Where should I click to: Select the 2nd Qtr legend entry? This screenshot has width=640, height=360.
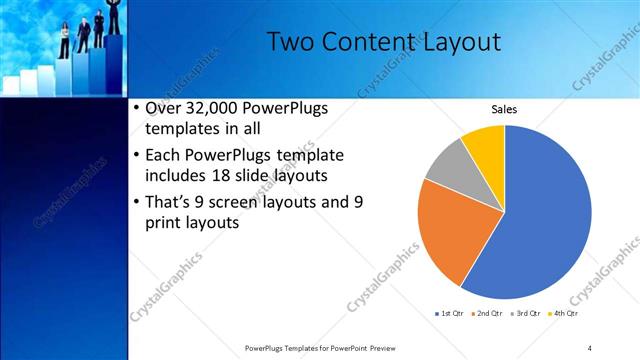coord(487,315)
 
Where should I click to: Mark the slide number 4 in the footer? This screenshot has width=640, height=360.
coord(590,348)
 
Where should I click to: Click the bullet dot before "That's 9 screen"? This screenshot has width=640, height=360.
coord(137,201)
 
